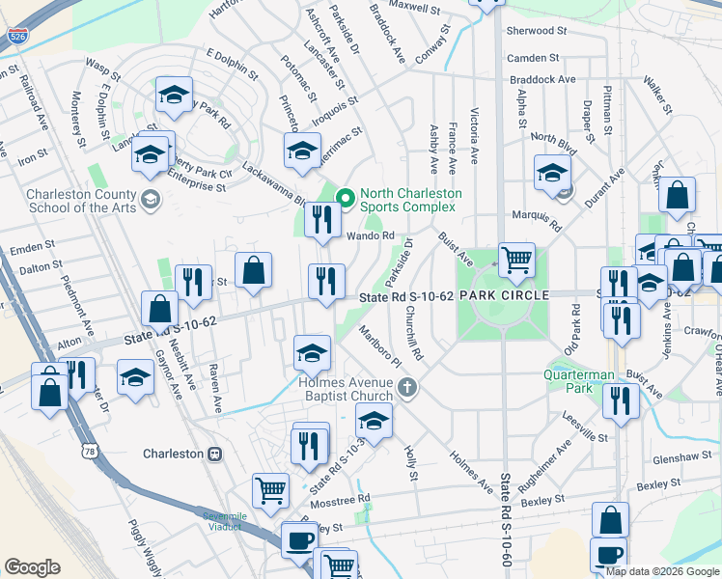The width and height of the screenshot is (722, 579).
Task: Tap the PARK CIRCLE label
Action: (x=504, y=294)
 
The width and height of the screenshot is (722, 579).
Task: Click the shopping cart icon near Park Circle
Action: (x=516, y=259)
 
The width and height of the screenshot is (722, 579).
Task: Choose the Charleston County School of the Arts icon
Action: (x=150, y=200)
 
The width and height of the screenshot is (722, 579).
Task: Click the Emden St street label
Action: (x=31, y=250)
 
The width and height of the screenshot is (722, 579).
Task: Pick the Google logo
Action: (x=33, y=567)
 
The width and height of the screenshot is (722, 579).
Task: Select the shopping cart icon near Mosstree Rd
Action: (x=270, y=490)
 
